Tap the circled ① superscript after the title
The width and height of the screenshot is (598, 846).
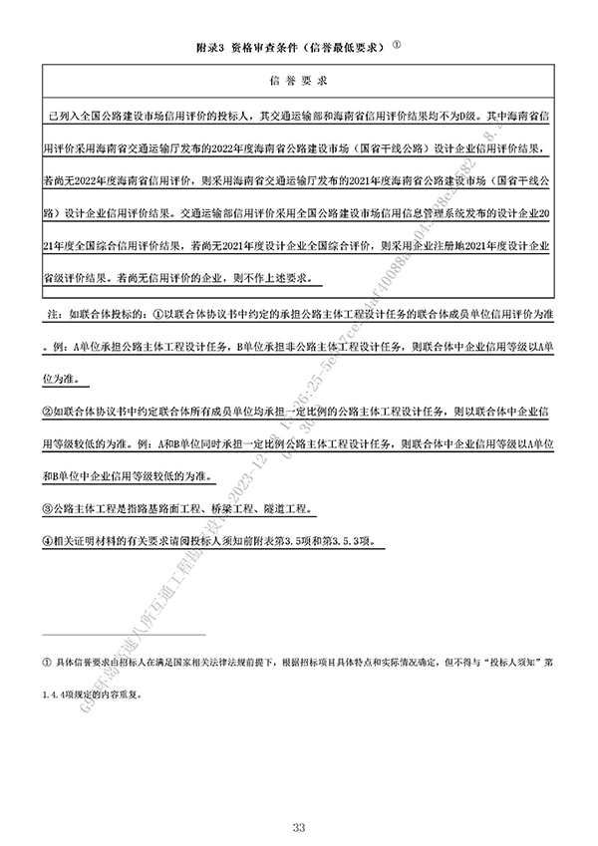pyautogui.click(x=397, y=44)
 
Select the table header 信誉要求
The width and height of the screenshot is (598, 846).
pyautogui.click(x=300, y=79)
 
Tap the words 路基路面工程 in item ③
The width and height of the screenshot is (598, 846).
pyautogui.click(x=169, y=508)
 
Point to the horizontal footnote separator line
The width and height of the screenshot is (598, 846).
pyautogui.click(x=124, y=634)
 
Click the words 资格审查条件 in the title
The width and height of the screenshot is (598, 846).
pyautogui.click(x=261, y=48)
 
